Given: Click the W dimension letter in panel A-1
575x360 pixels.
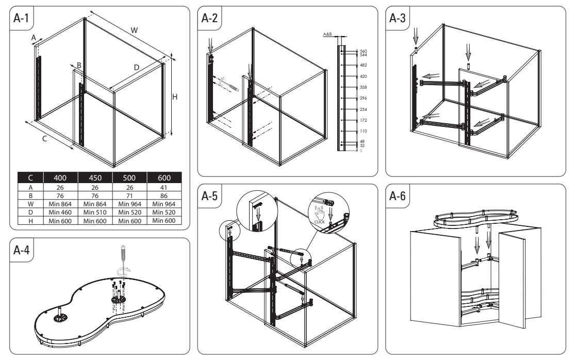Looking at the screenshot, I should point(134,30).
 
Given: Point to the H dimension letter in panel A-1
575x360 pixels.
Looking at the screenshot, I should point(175,96).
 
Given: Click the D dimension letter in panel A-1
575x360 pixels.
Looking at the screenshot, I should point(137,68).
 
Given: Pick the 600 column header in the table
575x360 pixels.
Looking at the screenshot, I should point(163,178).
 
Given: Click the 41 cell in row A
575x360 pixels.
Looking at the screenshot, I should point(163,188).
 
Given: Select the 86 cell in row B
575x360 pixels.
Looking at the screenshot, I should point(163,196).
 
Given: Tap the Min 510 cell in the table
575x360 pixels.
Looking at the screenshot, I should point(95,212).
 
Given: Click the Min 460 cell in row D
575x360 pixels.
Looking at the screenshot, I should point(60,212).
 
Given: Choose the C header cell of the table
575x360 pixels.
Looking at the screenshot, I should point(30,178).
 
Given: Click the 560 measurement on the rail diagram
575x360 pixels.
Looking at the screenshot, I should point(363,51).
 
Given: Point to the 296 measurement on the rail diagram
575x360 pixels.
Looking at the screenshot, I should point(363,98).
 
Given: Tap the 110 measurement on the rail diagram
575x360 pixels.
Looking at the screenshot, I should point(363,131).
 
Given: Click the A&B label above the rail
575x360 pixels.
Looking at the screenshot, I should point(327,34).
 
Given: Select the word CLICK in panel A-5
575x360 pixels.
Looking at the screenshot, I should point(320,222).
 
